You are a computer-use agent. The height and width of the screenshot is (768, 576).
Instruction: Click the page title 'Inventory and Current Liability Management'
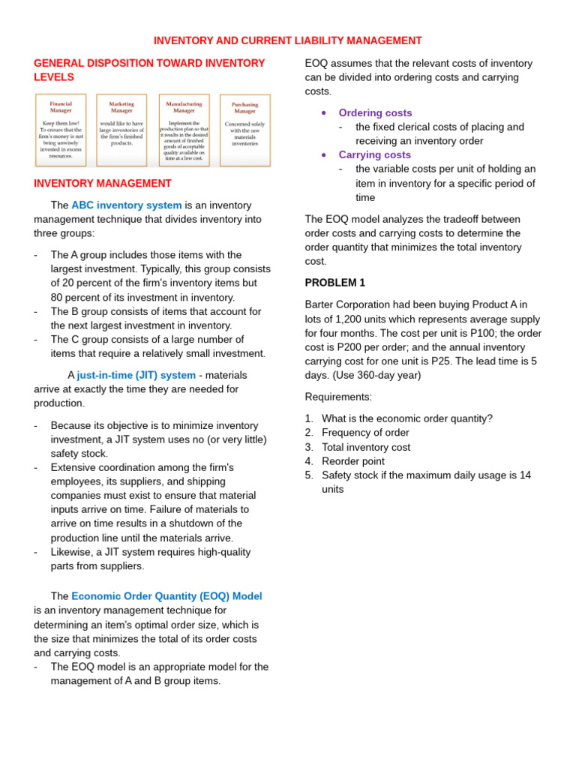pyautogui.click(x=288, y=40)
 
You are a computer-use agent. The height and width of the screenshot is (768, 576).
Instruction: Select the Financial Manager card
pyautogui.click(x=61, y=130)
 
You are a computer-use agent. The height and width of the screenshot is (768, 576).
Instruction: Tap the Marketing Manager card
pyautogui.click(x=121, y=130)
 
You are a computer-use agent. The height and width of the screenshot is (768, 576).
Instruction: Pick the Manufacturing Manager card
pyautogui.click(x=184, y=130)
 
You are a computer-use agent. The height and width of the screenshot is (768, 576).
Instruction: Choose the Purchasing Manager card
pyautogui.click(x=244, y=130)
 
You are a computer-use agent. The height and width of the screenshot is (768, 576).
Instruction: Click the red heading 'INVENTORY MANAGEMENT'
pyautogui.click(x=103, y=183)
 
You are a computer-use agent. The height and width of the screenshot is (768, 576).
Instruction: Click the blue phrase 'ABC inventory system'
pyautogui.click(x=127, y=205)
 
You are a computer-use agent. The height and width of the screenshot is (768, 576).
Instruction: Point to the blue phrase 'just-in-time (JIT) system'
pyautogui.click(x=136, y=375)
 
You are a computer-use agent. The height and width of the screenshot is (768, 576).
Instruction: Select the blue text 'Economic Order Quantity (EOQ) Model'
pyautogui.click(x=166, y=596)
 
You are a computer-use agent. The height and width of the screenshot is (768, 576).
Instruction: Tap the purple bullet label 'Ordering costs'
pyautogui.click(x=375, y=112)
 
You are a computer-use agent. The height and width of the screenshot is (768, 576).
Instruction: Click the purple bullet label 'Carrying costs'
pyautogui.click(x=374, y=154)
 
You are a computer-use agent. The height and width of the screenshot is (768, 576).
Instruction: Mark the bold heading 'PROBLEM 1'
pyautogui.click(x=335, y=283)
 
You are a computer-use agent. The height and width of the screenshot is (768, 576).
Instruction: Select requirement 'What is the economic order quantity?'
pyautogui.click(x=406, y=418)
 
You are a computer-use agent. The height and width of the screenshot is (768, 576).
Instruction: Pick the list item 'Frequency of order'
pyautogui.click(x=365, y=433)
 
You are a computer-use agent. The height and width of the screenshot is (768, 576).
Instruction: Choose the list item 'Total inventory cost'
pyautogui.click(x=366, y=447)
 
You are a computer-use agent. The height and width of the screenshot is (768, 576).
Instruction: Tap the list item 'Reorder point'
pyautogui.click(x=352, y=461)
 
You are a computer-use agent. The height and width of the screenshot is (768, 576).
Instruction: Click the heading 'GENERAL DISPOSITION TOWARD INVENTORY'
pyautogui.click(x=149, y=63)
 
